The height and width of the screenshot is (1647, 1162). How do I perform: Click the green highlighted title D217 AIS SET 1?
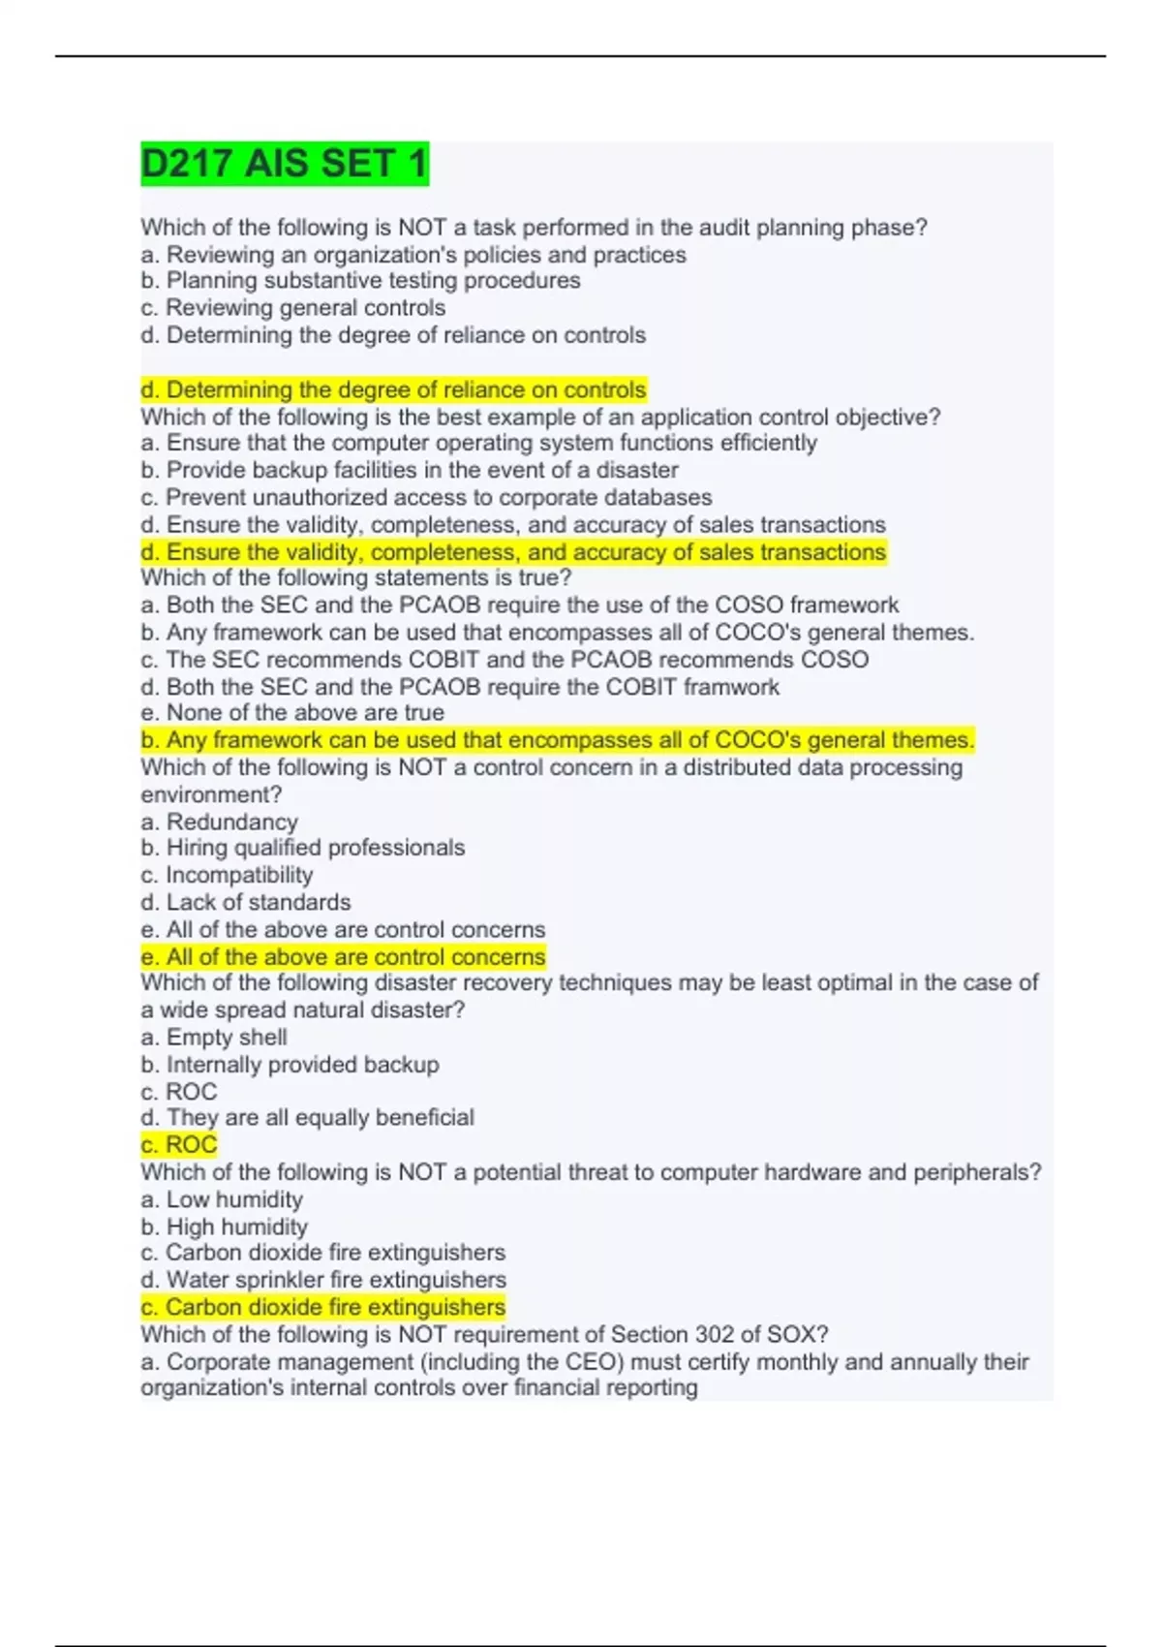(x=284, y=164)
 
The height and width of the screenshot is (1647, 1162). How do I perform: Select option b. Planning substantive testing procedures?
(x=360, y=281)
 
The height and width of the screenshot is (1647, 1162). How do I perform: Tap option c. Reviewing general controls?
(x=292, y=308)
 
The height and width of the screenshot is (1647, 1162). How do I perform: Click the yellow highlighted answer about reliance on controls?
(x=392, y=389)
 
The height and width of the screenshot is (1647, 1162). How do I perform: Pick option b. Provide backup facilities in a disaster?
(x=409, y=470)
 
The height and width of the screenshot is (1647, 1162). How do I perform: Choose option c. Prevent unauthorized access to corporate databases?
(x=426, y=497)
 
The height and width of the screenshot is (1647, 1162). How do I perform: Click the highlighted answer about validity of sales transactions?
(x=512, y=552)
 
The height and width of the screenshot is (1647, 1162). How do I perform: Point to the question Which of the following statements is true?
(x=355, y=577)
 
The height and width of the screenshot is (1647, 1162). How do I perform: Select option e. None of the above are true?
(x=291, y=713)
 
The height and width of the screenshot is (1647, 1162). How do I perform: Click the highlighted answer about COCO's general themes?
(x=557, y=740)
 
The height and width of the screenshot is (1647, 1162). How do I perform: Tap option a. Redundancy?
(x=219, y=822)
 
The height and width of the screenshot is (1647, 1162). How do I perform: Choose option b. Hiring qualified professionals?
(x=302, y=848)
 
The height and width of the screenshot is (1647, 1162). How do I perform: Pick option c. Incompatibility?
(x=227, y=875)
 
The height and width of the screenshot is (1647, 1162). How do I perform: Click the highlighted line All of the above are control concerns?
(x=343, y=957)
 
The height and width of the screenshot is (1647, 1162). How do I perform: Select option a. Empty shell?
(x=213, y=1038)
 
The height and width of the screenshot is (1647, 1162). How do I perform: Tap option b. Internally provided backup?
(x=290, y=1065)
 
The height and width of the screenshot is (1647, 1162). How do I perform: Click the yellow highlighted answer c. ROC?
(x=178, y=1145)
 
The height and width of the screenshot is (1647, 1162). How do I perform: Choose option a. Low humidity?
(x=221, y=1199)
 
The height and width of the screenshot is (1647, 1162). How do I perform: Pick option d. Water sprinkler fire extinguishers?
(x=322, y=1280)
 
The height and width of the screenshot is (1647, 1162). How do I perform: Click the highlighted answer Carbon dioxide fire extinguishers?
(x=322, y=1307)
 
